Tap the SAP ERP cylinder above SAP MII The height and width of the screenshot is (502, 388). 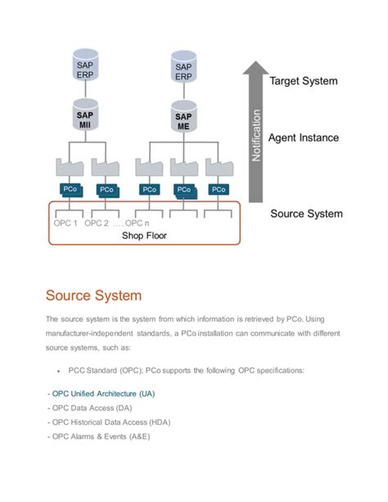tap(86, 68)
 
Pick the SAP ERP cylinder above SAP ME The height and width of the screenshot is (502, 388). tap(183, 68)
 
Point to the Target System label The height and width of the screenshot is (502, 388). tap(303, 81)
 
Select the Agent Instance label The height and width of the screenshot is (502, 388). tap(304, 138)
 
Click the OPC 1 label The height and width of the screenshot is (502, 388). tap(65, 223)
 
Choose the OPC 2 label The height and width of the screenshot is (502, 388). tap(97, 223)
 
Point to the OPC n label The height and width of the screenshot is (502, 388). tap(137, 223)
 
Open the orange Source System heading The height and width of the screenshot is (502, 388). tap(93, 295)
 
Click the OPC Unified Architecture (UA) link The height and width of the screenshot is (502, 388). tap(102, 393)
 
